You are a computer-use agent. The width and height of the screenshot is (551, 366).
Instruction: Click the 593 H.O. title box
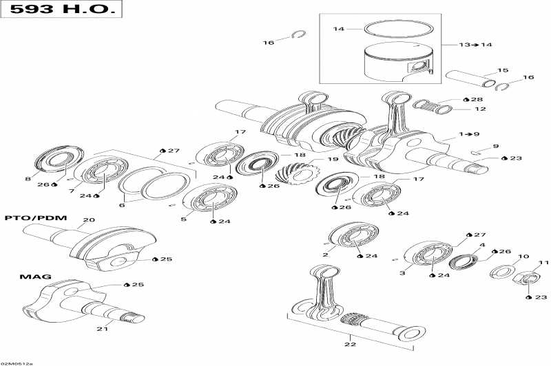(63, 11)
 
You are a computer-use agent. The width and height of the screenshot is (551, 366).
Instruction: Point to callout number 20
(88, 221)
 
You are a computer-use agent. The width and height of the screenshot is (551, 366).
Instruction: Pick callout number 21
(103, 329)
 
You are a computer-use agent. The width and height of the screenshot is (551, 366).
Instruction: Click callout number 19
(333, 160)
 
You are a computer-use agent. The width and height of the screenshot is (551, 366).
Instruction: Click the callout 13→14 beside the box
(476, 44)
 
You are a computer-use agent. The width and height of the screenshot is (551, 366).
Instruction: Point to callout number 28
(477, 100)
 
